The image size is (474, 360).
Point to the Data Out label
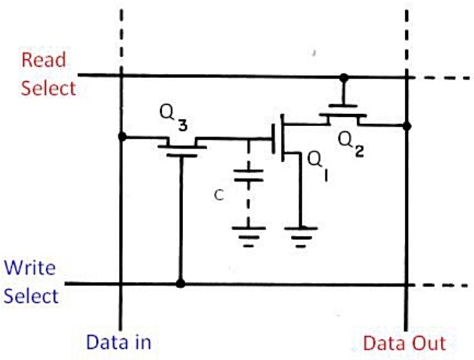(404, 343)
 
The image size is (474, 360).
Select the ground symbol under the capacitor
(248, 235)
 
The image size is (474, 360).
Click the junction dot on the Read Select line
(343, 77)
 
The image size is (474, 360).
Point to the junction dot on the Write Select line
(180, 283)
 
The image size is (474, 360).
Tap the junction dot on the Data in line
(121, 137)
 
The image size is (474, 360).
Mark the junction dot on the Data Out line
(406, 126)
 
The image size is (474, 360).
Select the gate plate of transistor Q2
(343, 106)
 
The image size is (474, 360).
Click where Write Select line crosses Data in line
(121, 283)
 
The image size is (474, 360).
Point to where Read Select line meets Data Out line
(406, 76)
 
